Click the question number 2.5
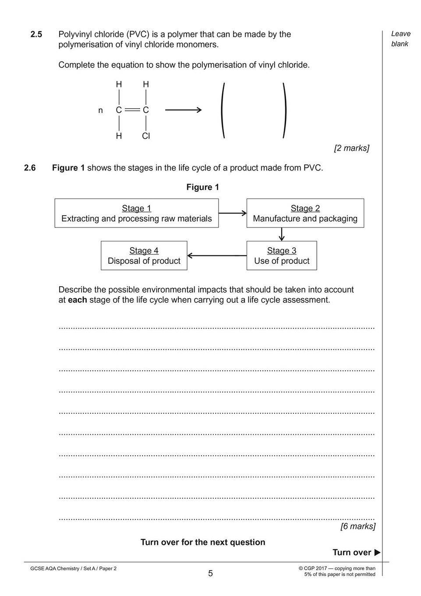(36, 34)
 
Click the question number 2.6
(29, 168)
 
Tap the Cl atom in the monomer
(146, 136)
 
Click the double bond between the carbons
(132, 110)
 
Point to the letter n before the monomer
(101, 110)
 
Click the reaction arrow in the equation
(183, 110)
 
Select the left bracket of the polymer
(223, 110)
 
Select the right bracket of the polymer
(285, 110)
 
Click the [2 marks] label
(351, 148)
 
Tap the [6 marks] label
(358, 526)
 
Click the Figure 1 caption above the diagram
(202, 187)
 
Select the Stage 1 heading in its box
(136, 208)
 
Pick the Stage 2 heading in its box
(305, 208)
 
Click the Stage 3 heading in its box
(282, 251)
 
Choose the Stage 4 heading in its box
(144, 251)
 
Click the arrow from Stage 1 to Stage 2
(233, 213)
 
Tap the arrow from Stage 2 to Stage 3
(282, 234)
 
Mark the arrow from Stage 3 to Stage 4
(217, 255)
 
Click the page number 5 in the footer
(210, 574)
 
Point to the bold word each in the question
(78, 300)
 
